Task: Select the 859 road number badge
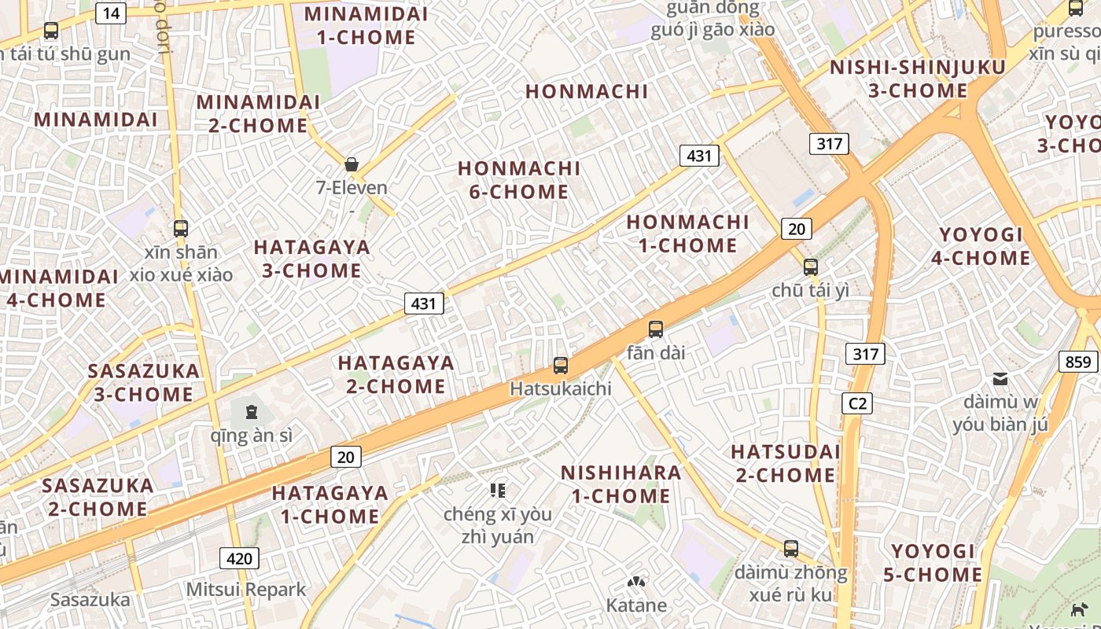[1078, 361]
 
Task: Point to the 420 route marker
[239, 558]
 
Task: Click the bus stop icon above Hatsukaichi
[561, 365]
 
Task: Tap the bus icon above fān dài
[656, 329]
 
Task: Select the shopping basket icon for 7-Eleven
[352, 164]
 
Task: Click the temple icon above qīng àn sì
[252, 411]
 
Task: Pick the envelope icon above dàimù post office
[1000, 379]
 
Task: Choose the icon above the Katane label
[636, 583]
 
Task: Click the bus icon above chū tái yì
[811, 267]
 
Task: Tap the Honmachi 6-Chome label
[519, 180]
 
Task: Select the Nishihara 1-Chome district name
[620, 484]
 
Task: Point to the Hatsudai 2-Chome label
[785, 463]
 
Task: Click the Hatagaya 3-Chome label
[311, 259]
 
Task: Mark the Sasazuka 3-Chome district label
[144, 382]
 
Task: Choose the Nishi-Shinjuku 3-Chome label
[918, 79]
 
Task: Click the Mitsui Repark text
[246, 589]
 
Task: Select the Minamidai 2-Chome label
[258, 113]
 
